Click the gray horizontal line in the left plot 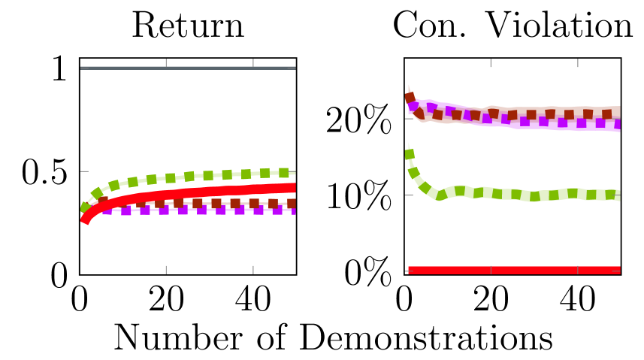point(188,68)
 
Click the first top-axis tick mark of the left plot point(166,63)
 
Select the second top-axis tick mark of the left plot point(253,63)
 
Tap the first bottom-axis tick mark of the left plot point(166,269)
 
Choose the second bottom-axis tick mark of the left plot point(253,269)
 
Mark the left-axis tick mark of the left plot point(84,171)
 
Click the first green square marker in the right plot point(410,154)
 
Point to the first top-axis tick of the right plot point(491,63)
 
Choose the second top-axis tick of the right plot point(578,63)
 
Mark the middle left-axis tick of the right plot point(409,195)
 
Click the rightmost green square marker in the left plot point(283,173)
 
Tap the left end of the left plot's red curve point(85,219)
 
